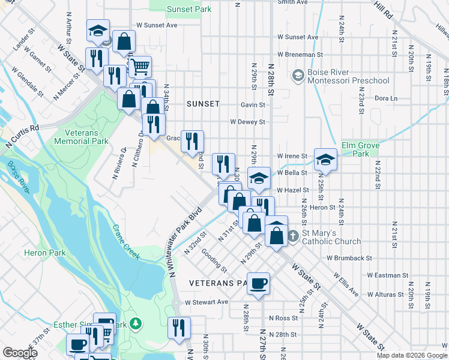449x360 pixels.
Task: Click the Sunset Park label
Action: point(189,10)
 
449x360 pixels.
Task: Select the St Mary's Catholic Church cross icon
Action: point(293,236)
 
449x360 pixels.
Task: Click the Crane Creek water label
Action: point(126,242)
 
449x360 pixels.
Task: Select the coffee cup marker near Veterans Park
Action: point(259,284)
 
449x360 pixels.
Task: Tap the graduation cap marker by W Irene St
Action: point(325,160)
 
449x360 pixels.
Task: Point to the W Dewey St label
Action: point(247,122)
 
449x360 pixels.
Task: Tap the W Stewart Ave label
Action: point(206,302)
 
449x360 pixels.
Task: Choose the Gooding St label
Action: point(214,260)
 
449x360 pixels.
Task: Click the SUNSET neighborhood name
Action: point(203,103)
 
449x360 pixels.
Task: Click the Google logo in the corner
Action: point(20,353)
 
